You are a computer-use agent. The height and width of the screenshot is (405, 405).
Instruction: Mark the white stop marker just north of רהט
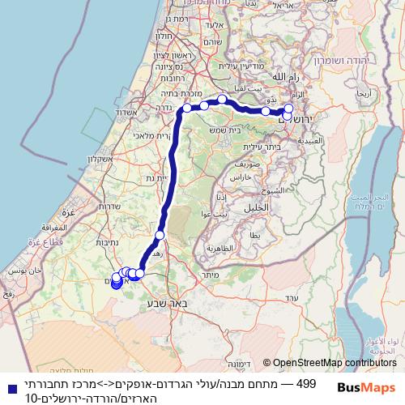[160, 235]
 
